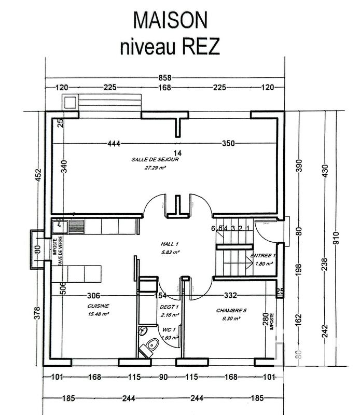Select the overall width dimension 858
point(164,77)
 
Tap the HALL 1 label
point(170,244)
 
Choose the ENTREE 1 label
point(264,256)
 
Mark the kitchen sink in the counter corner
point(77,226)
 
